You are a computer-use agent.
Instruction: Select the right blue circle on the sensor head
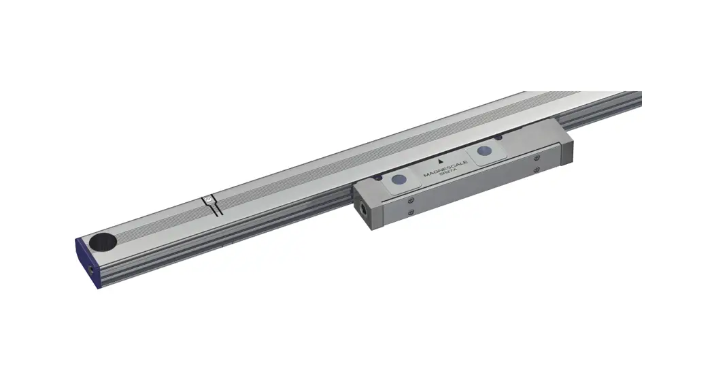484,150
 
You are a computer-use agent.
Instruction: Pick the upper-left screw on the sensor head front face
410,200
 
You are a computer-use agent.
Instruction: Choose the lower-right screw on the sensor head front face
537,169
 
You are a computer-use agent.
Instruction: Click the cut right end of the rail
639,102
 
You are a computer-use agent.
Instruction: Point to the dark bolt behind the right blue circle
498,138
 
